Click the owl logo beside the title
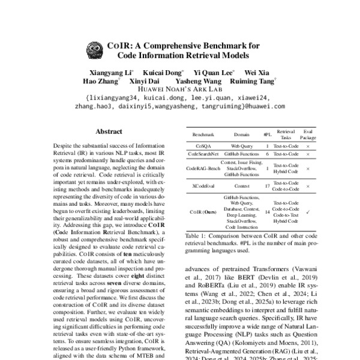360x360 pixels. pyautogui.click(x=94, y=49)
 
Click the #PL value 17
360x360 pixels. pyautogui.click(x=267, y=187)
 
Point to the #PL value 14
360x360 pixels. pyautogui.click(x=267, y=212)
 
